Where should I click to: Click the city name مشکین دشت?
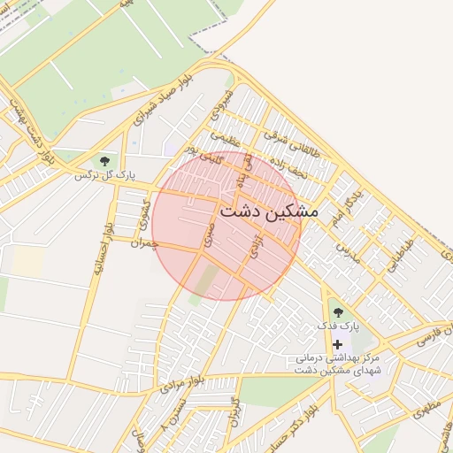coord(268,211)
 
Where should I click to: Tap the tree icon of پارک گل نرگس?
coord(105,161)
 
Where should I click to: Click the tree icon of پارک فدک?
coord(336,311)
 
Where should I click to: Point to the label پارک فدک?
coord(339,326)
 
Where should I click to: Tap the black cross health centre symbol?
coord(336,343)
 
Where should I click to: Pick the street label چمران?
coord(142,242)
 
